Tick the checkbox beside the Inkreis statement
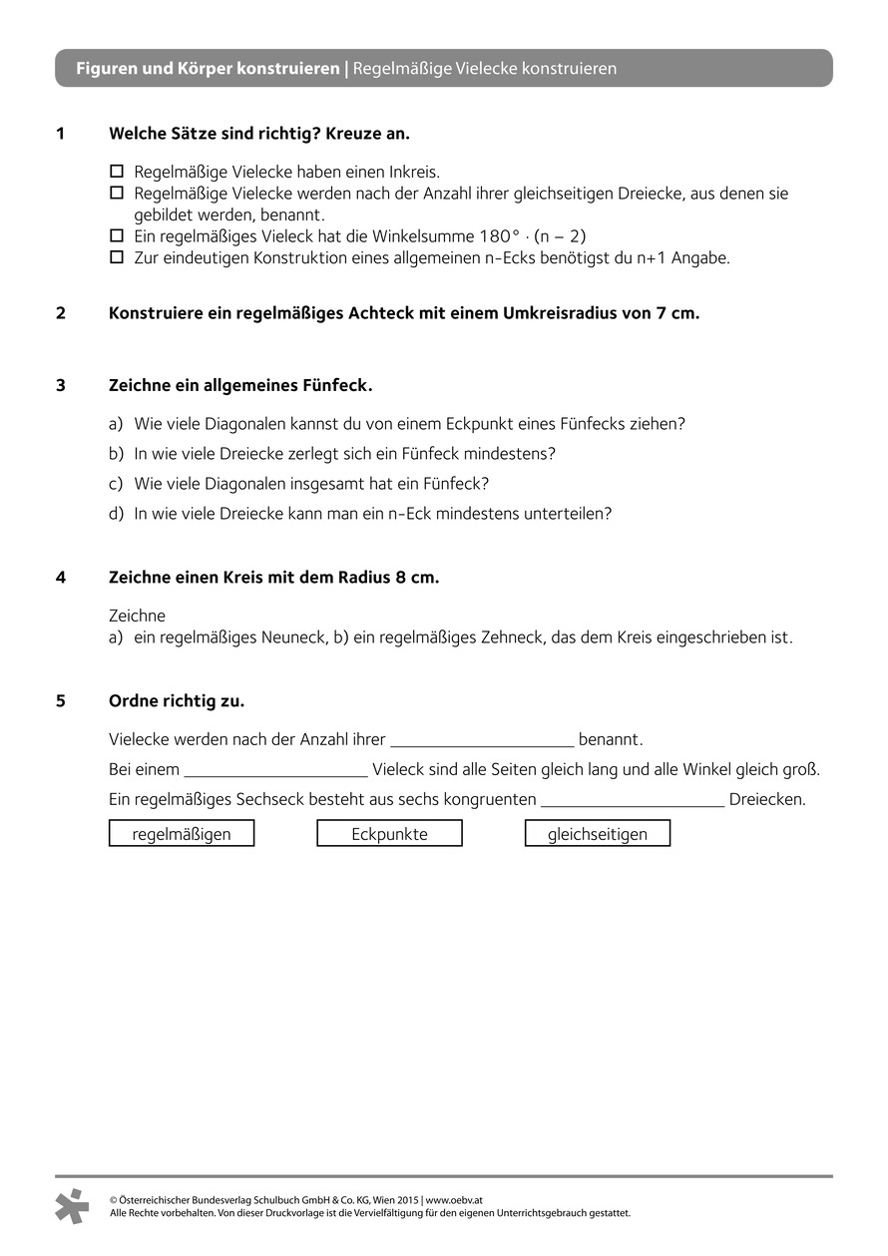tap(116, 171)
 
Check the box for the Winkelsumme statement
tap(116, 236)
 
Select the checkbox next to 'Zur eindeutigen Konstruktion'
tap(116, 258)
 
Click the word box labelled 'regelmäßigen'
tap(182, 834)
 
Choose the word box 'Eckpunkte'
tap(389, 834)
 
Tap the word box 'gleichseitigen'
tap(598, 834)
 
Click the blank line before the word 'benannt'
tap(482, 741)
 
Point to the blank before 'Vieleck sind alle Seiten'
tap(276, 771)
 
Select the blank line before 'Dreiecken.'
tap(632, 801)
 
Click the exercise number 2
tap(61, 313)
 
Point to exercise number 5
tap(61, 701)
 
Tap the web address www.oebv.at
tap(454, 1201)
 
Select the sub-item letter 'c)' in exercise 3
tap(116, 484)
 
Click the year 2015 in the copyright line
tap(405, 1201)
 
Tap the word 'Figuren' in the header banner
tap(107, 69)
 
